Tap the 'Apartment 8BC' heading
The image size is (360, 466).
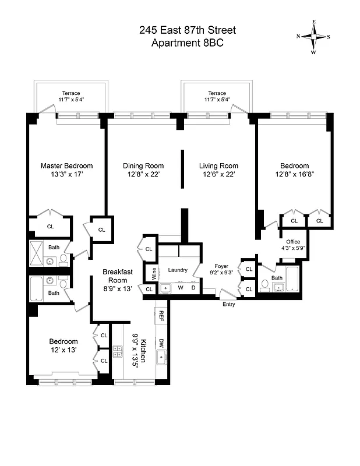(187, 43)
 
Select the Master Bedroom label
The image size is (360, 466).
(66, 166)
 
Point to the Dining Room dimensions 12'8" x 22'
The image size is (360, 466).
(143, 174)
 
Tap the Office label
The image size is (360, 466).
(292, 242)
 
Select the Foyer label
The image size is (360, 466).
(221, 266)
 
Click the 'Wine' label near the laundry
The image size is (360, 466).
(154, 272)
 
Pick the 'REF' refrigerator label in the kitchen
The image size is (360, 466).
(161, 316)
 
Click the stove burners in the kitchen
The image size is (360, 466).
(118, 351)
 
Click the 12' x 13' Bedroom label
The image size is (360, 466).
(63, 341)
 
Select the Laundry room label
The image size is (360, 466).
(177, 270)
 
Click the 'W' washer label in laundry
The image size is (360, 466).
(181, 287)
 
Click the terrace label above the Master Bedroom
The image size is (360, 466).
(71, 93)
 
